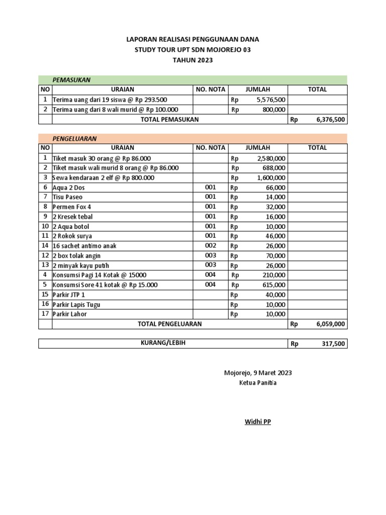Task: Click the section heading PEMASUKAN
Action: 71,80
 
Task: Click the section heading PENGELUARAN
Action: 74,138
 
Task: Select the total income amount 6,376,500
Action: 330,120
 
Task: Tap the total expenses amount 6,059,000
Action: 330,324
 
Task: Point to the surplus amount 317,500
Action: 333,344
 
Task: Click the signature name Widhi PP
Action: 257,422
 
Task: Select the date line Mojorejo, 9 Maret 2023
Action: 257,373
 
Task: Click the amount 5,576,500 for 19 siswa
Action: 271,100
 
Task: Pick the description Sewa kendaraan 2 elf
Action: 104,178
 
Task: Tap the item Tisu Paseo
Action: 67,197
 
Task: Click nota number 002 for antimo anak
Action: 211,245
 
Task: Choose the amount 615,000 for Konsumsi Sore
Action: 274,285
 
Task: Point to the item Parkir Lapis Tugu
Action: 76,304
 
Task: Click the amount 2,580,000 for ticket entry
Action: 271,158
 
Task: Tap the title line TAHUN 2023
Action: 193,60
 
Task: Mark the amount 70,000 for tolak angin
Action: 276,255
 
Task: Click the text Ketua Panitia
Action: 257,383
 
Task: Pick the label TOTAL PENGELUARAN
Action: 169,324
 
